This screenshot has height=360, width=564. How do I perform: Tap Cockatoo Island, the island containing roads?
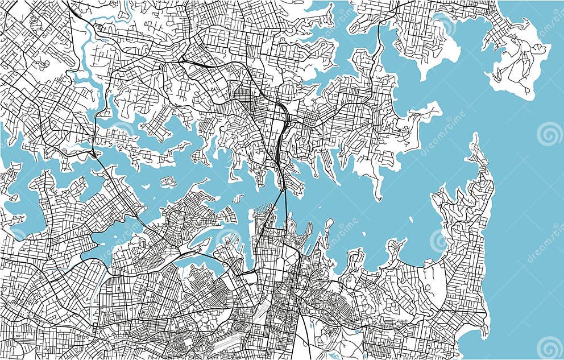click(x=167, y=182)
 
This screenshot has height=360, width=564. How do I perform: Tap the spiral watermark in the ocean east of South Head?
click(x=549, y=134)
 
